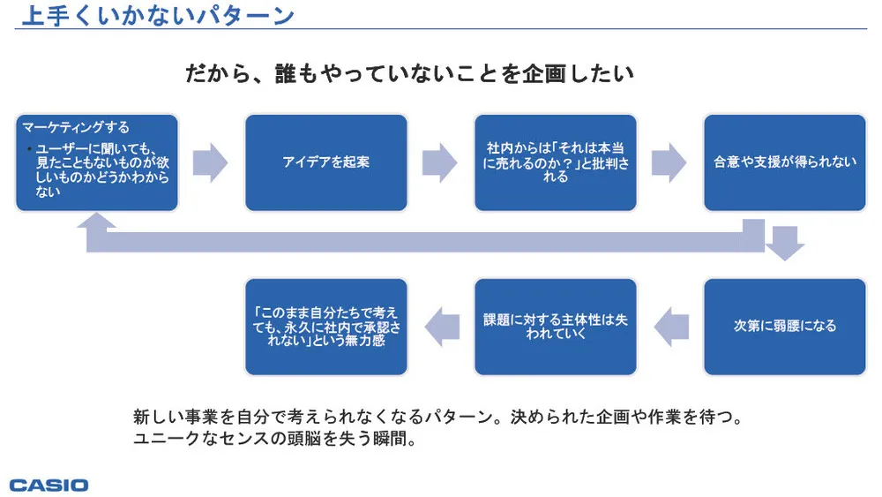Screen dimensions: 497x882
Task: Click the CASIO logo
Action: pyautogui.click(x=49, y=485)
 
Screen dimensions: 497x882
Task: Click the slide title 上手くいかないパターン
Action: pyautogui.click(x=157, y=15)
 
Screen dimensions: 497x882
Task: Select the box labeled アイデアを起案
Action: pyautogui.click(x=325, y=162)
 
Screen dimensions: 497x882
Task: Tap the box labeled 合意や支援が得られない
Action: pyautogui.click(x=784, y=162)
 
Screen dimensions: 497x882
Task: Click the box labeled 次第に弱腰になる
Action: pyautogui.click(x=784, y=326)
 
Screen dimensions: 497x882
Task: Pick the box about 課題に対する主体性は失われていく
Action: pyautogui.click(x=555, y=326)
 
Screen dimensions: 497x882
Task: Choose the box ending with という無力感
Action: pyautogui.click(x=325, y=326)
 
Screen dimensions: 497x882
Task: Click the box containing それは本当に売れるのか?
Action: pyautogui.click(x=555, y=162)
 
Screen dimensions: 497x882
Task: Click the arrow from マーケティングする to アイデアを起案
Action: pyautogui.click(x=210, y=162)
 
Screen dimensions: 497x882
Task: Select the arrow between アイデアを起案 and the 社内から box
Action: pyautogui.click(x=439, y=162)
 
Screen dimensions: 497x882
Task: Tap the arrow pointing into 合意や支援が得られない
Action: pyautogui.click(x=669, y=162)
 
